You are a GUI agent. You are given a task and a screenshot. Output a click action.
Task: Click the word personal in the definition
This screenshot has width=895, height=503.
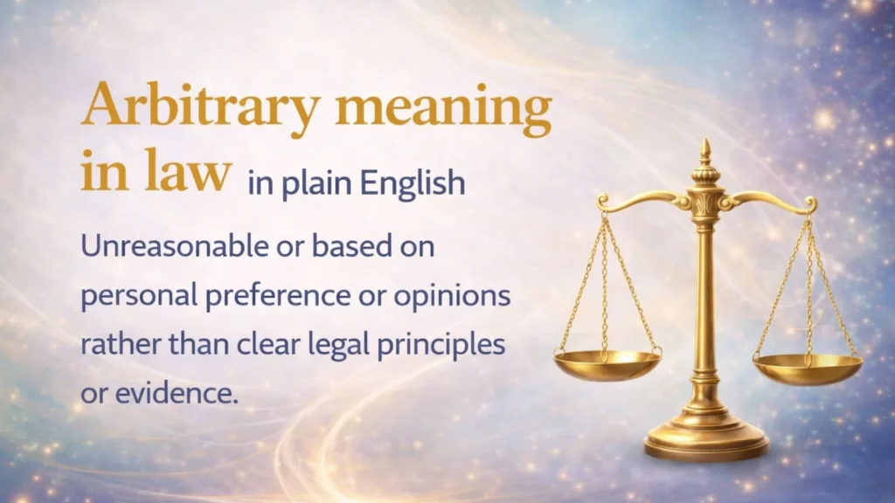click(x=135, y=296)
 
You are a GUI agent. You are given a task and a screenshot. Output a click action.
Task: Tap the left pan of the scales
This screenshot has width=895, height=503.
click(x=607, y=364)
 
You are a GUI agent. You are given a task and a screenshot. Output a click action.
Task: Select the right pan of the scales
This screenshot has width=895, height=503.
click(x=807, y=368)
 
